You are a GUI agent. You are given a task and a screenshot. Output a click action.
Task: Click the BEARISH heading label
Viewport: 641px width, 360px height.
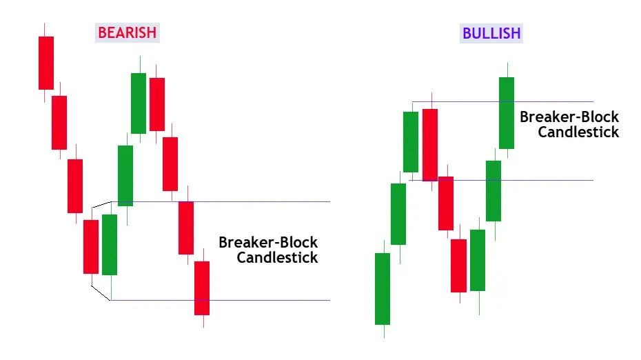(128, 32)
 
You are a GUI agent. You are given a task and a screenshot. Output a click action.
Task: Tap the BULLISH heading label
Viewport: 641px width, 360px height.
(491, 33)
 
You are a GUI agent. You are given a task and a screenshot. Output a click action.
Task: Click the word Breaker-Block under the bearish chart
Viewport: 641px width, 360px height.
(268, 242)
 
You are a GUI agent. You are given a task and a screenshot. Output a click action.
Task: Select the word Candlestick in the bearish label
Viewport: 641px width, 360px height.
(277, 257)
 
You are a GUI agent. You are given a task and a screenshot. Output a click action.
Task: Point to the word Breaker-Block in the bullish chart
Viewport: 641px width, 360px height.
(569, 117)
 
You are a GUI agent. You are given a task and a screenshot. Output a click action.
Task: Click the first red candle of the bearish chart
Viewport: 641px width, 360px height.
(45, 63)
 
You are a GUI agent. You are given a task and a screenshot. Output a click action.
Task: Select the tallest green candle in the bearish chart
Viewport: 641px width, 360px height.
(139, 103)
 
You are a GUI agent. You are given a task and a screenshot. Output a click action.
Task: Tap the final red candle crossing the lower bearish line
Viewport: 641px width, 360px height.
(201, 288)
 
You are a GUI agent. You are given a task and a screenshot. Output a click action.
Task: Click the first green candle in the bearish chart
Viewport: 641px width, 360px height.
(110, 244)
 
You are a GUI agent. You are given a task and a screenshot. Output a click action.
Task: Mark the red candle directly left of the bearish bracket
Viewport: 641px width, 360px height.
(91, 246)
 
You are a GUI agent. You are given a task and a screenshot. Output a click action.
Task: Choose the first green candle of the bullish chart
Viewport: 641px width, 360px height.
(383, 288)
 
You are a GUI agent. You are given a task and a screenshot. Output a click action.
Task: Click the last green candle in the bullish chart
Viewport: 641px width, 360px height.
(507, 112)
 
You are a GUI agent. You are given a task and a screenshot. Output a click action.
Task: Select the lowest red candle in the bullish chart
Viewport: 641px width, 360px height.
(458, 266)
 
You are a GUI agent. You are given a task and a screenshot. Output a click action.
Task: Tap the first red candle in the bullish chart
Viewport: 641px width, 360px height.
(430, 144)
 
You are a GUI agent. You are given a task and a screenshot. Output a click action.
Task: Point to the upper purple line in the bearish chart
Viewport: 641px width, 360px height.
(276, 202)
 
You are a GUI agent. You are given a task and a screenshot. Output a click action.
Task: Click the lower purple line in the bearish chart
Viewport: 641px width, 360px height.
(276, 300)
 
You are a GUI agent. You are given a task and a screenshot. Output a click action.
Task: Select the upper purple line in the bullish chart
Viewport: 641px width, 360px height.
(551, 101)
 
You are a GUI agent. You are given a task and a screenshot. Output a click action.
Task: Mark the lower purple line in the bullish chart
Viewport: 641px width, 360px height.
(551, 181)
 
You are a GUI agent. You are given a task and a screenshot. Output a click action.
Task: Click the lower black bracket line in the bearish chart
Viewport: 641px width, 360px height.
(100, 292)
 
